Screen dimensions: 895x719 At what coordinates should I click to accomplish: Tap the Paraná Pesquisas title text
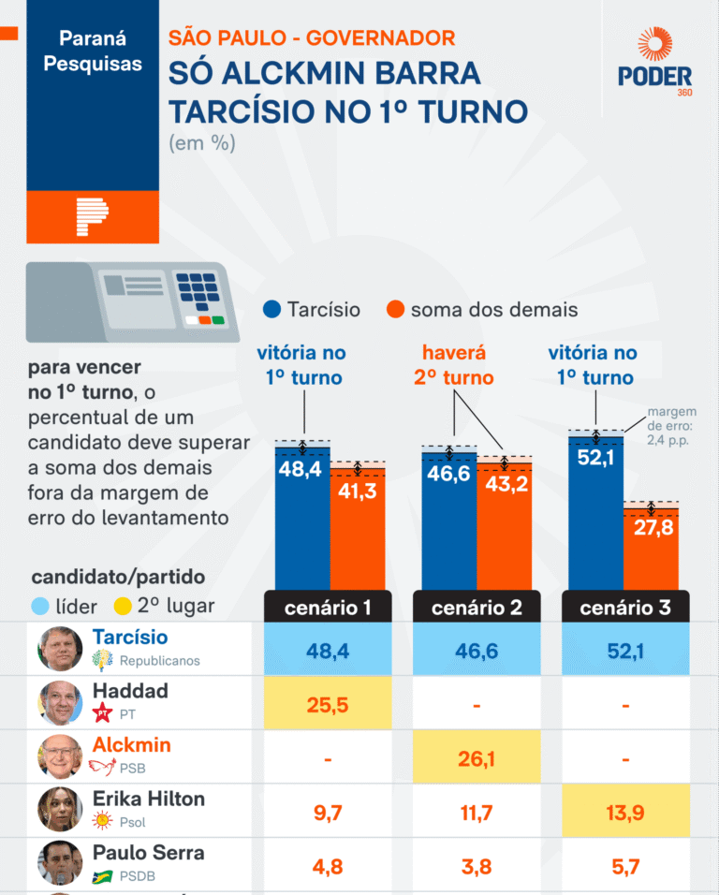point(93,51)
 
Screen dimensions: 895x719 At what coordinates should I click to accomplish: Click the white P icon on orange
point(92,217)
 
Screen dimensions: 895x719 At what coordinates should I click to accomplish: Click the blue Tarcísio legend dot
point(272,310)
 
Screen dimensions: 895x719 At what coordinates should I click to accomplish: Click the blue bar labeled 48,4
point(301,520)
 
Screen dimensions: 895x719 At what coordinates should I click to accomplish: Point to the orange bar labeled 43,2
point(504,524)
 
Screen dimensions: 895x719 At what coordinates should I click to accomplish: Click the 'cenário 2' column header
point(477,608)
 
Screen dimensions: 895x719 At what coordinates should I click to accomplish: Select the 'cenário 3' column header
point(624,608)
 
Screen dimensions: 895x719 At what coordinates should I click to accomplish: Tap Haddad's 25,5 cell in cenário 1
point(328,704)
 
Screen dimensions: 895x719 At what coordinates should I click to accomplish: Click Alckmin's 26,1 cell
point(477,758)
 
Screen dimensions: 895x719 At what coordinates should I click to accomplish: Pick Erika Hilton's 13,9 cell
point(624,812)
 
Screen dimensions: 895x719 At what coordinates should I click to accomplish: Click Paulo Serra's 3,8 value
point(477,866)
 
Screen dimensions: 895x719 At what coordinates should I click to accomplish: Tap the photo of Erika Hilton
point(60,810)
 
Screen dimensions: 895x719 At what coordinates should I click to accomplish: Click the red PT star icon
point(104,715)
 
